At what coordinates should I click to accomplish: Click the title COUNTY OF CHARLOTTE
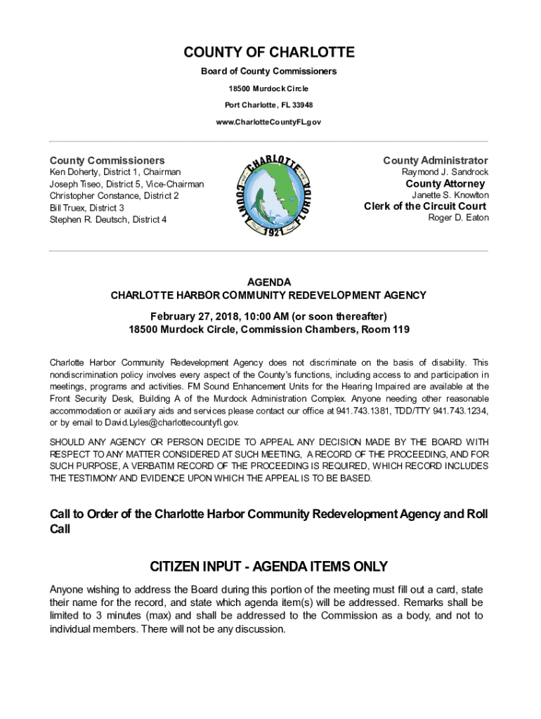pos(269,53)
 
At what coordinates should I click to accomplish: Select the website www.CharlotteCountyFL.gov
pos(269,122)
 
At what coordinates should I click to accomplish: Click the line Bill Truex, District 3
pos(86,208)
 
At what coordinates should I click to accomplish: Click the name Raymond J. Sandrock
pos(445,172)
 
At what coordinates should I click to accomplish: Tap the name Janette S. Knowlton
pos(450,195)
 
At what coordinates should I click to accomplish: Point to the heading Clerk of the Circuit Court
pos(424,206)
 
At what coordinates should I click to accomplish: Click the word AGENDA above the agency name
pos(269,282)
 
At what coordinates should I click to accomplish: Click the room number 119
pos(400,329)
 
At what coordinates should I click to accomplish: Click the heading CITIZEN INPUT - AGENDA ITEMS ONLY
pos(269,567)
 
